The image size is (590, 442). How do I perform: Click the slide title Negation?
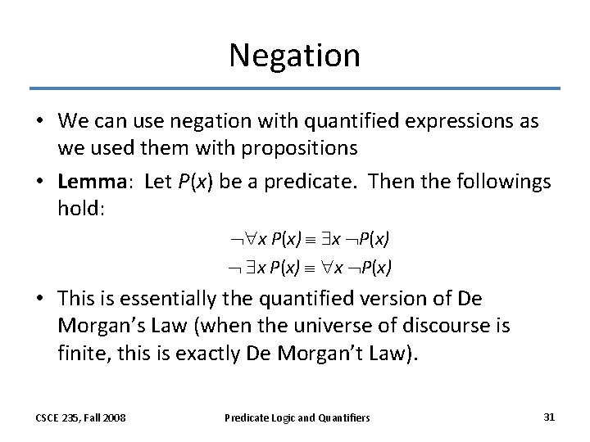[x=294, y=55]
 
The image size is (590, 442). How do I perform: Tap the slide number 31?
[x=549, y=417]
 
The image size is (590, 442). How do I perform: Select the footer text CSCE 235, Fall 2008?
[x=80, y=417]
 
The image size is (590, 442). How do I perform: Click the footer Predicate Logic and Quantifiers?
[x=297, y=417]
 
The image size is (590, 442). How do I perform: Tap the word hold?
[x=82, y=208]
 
